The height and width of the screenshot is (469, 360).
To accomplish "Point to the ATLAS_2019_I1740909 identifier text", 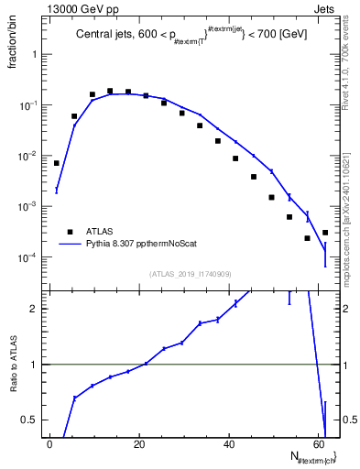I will pos(190,273).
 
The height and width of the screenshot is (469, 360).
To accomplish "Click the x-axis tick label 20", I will pos(138,444).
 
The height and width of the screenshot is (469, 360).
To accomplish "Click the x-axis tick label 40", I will pos(228,444).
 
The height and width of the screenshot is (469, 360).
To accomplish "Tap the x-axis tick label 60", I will pos(318,444).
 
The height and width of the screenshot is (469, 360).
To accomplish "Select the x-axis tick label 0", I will pos(49,444).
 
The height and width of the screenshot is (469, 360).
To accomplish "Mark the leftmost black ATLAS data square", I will pos(57,163).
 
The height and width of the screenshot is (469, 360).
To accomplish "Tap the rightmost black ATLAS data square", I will pos(325,233).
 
